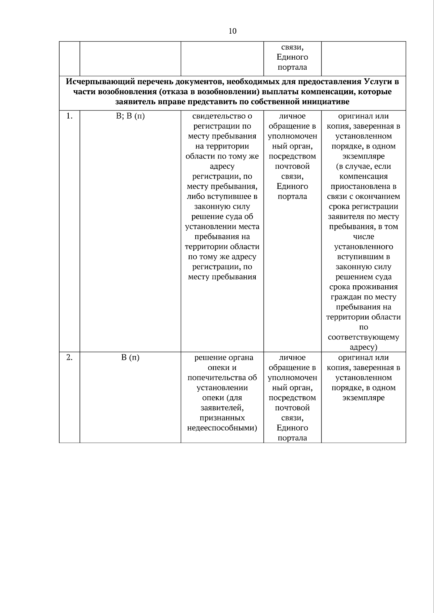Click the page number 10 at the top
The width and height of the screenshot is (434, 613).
click(233, 31)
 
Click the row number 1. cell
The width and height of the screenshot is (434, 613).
click(69, 116)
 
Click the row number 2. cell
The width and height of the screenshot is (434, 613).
click(69, 358)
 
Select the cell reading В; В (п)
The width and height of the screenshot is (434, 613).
click(130, 116)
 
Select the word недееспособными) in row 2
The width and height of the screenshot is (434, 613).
click(222, 428)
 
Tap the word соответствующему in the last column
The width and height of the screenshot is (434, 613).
click(363, 337)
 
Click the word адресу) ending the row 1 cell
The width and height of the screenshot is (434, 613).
click(363, 347)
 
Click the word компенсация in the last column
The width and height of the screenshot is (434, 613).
click(363, 177)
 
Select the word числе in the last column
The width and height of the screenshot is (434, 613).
click(363, 237)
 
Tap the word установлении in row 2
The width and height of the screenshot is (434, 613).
click(222, 388)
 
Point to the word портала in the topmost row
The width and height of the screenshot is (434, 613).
click(292, 67)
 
